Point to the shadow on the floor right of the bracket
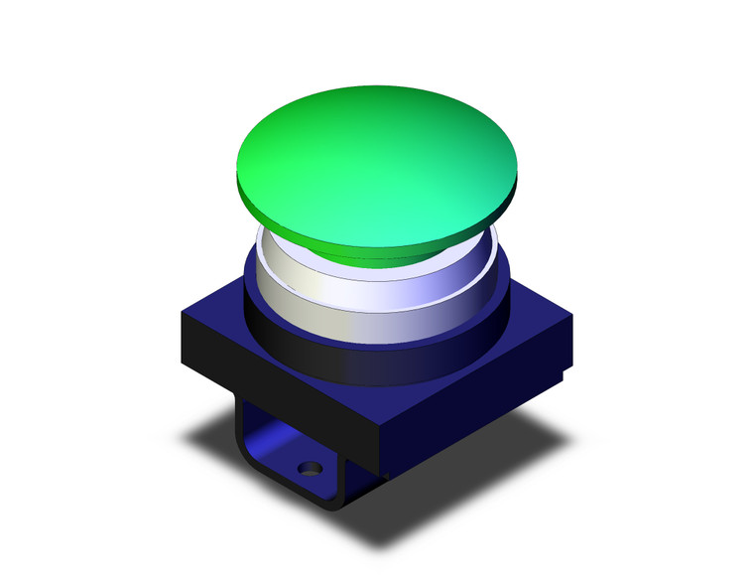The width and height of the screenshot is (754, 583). coord(446,477)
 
